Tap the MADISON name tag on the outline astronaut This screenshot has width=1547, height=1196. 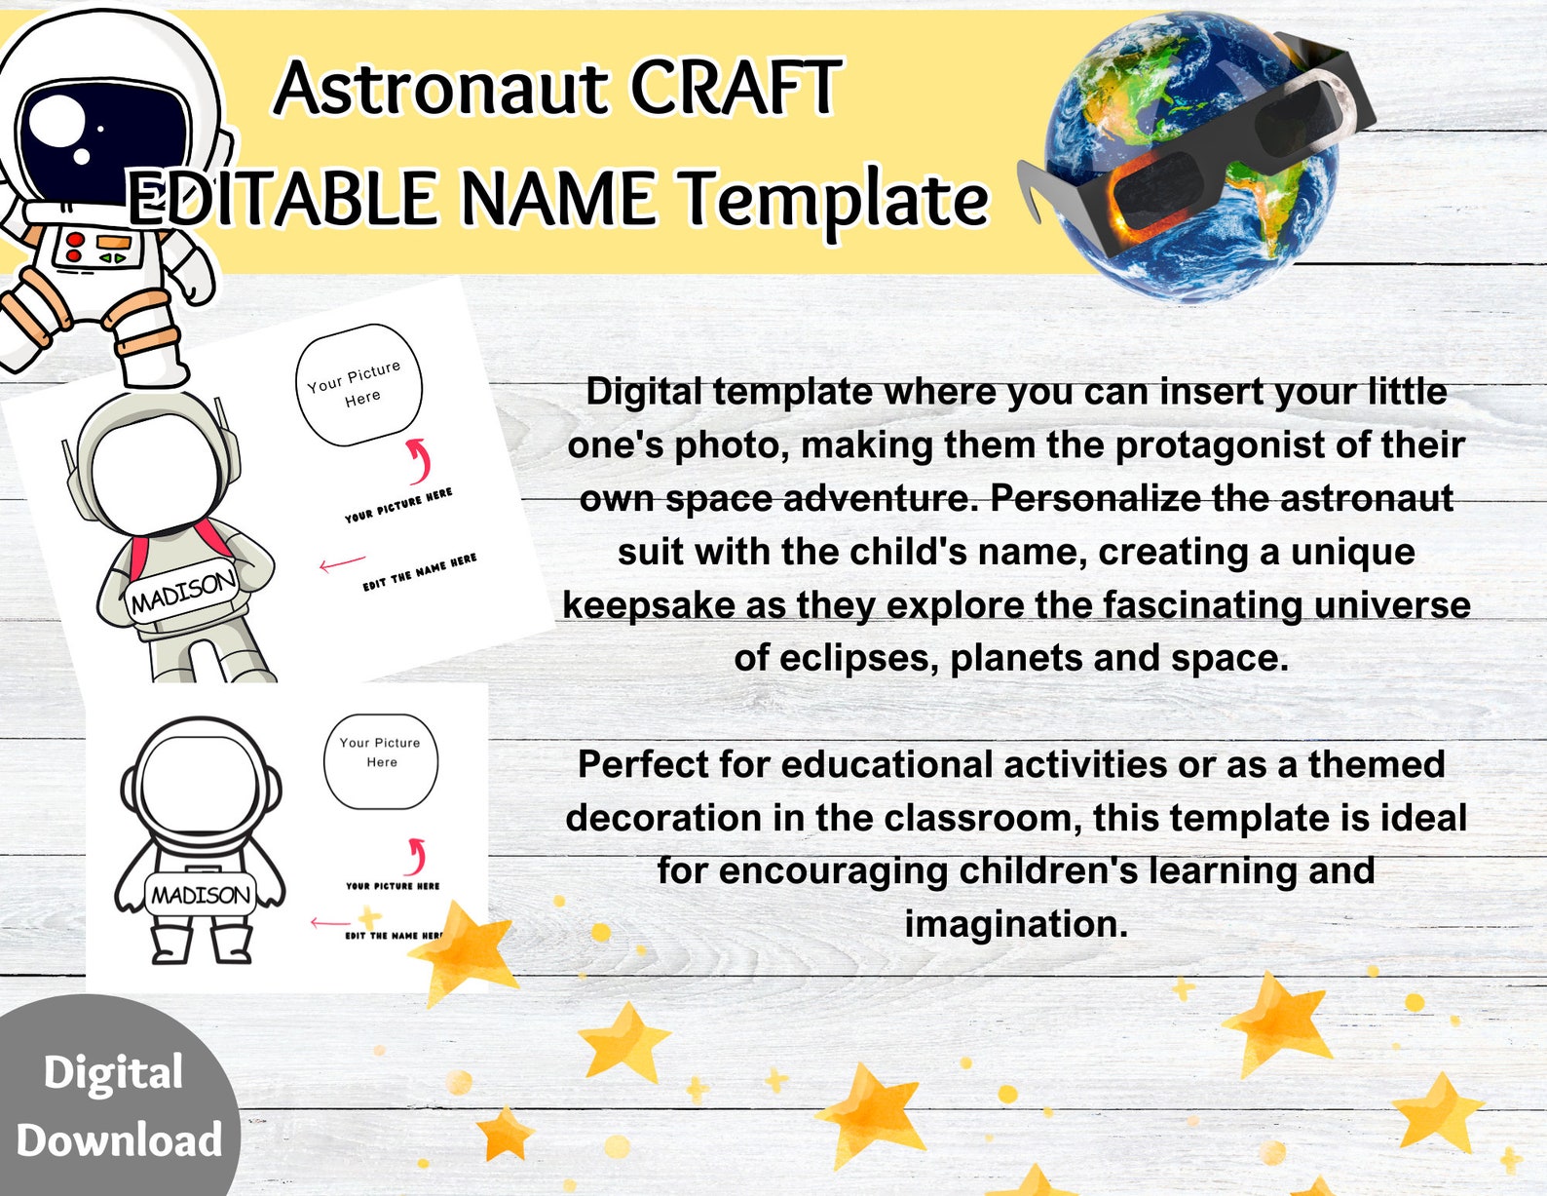[x=201, y=894]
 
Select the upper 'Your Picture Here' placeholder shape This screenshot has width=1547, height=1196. [x=358, y=384]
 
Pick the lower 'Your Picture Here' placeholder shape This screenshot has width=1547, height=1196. [x=380, y=759]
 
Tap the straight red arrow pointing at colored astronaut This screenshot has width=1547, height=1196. [x=342, y=563]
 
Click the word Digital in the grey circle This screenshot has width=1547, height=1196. [x=113, y=1073]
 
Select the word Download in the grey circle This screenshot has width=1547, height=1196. [x=119, y=1140]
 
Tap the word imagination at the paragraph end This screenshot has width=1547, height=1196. [x=1015, y=923]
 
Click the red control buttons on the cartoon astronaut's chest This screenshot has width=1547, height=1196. [x=74, y=247]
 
